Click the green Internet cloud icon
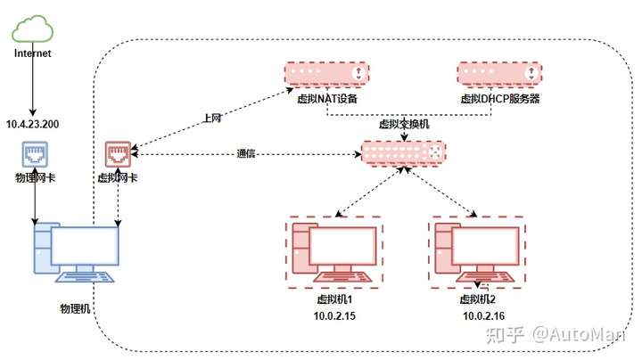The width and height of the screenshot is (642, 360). pyautogui.click(x=32, y=29)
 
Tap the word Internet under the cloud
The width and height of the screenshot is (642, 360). pyautogui.click(x=32, y=53)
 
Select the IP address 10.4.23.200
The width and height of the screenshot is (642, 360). pyautogui.click(x=32, y=124)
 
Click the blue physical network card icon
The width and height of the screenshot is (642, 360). pyautogui.click(x=35, y=154)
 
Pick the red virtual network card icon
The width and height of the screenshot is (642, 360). pyautogui.click(x=118, y=154)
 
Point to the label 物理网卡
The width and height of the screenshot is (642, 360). pyautogui.click(x=35, y=177)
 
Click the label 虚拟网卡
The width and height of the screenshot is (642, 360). pyautogui.click(x=118, y=177)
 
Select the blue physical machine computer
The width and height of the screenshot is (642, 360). pyautogui.click(x=76, y=252)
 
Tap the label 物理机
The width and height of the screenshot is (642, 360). pyautogui.click(x=75, y=308)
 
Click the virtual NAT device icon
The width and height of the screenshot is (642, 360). pyautogui.click(x=326, y=74)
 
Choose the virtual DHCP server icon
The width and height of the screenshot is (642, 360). pyautogui.click(x=499, y=74)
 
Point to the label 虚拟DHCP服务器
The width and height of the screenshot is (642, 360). pyautogui.click(x=500, y=99)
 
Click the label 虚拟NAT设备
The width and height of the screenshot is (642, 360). pyautogui.click(x=327, y=99)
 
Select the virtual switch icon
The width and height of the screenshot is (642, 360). pyautogui.click(x=403, y=153)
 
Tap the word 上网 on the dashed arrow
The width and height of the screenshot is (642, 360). pyautogui.click(x=212, y=119)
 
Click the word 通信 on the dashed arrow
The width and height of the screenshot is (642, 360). pyautogui.click(x=246, y=153)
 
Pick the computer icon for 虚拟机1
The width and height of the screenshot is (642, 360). pyautogui.click(x=334, y=252)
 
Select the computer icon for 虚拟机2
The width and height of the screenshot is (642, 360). pyautogui.click(x=477, y=252)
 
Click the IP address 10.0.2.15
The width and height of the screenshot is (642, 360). pyautogui.click(x=334, y=315)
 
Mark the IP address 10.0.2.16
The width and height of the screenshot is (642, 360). pyautogui.click(x=483, y=315)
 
